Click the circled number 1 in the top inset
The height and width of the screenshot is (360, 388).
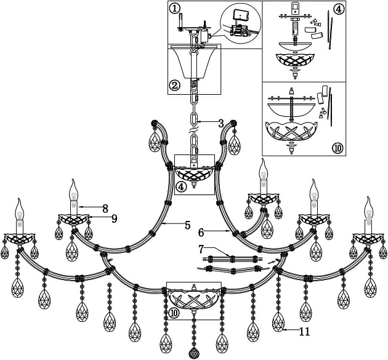point(176,8)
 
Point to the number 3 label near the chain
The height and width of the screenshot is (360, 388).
point(220,123)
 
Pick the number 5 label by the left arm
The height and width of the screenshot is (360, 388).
point(187,225)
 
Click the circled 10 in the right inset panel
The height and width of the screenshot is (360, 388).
point(337,148)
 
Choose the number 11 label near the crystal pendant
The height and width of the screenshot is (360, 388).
point(304,332)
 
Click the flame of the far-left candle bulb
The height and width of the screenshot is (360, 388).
point(18,205)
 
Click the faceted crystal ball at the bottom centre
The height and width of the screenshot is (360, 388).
point(195,353)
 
